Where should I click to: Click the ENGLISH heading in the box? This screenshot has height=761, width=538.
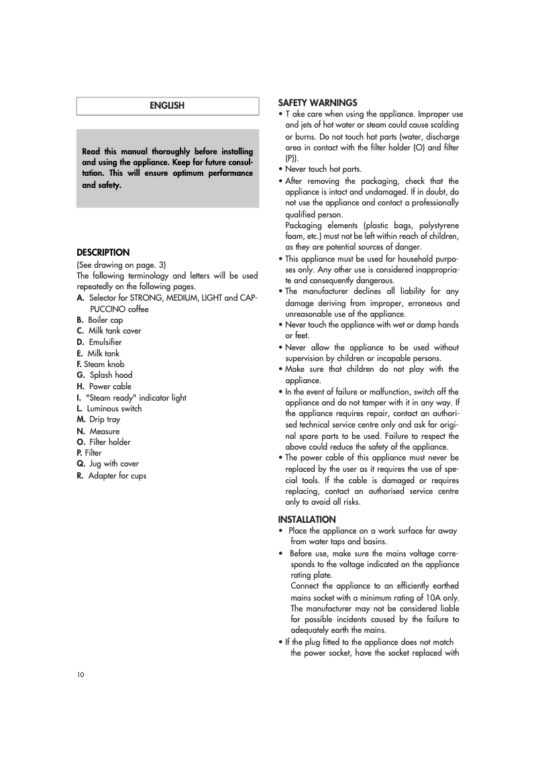167,106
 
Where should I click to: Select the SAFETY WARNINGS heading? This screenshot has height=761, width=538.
317,103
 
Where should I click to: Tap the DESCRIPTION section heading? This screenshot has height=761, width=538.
103,253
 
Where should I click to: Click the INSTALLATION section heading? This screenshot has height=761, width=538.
307,519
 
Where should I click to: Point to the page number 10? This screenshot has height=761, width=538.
80,674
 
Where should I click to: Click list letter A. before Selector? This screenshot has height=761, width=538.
80,297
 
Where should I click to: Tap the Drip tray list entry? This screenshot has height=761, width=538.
105,419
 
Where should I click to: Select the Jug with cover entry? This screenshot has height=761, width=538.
115,464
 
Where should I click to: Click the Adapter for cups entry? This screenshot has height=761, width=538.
117,476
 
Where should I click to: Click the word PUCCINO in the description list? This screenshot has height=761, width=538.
107,309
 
